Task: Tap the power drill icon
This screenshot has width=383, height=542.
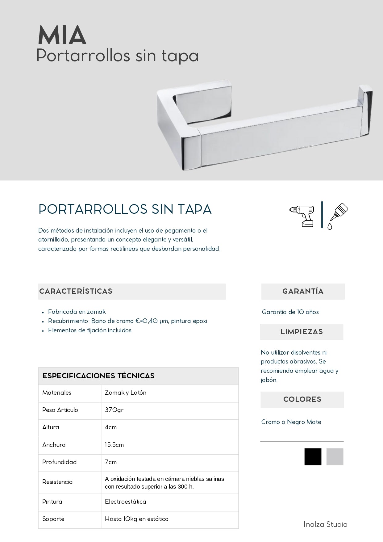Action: [302, 215]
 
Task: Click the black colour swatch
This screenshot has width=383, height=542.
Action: [313, 456]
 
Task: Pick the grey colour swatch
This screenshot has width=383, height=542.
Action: [335, 456]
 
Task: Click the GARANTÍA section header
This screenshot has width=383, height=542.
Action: [303, 291]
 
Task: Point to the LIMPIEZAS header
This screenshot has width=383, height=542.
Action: [302, 332]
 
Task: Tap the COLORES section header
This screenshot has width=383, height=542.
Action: [302, 399]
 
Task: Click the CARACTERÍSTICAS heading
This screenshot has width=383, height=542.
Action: [76, 291]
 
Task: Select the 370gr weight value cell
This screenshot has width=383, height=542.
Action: [114, 410]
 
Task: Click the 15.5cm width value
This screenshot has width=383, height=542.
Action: [114, 445]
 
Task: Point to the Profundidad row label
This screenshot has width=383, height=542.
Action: [59, 462]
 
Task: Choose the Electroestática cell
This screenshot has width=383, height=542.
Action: [125, 502]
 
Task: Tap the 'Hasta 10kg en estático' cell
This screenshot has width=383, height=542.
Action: [136, 519]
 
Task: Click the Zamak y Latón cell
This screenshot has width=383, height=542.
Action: [125, 393]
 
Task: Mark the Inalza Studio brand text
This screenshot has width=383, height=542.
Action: [325, 524]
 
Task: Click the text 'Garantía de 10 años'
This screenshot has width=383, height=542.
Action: [290, 312]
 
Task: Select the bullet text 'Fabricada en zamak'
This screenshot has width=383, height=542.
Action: [77, 312]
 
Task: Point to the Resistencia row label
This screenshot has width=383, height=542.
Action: [57, 482]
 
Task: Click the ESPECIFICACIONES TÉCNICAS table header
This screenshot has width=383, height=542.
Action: [98, 376]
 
